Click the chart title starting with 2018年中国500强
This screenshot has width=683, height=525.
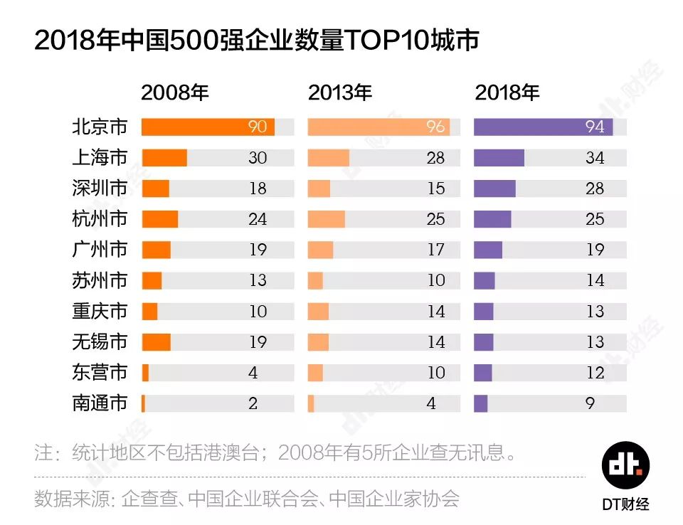coord(256,41)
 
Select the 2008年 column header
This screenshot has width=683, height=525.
coord(175,93)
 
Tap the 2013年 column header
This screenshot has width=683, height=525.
coord(340,93)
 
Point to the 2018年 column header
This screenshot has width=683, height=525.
coord(507,93)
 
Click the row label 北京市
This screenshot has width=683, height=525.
coord(100,127)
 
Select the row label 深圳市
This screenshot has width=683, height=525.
coord(100,189)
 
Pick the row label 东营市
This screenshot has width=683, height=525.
coord(100,373)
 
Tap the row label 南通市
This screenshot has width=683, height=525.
coord(100,403)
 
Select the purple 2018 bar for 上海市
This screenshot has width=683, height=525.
coord(499,158)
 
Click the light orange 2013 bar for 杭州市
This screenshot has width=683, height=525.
coord(326,219)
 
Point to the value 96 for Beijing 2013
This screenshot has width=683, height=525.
coord(435,127)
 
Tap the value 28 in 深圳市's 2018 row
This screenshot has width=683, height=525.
coord(595,189)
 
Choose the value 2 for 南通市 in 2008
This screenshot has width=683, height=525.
coord(253,403)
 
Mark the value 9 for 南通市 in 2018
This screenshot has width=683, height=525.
coord(590,403)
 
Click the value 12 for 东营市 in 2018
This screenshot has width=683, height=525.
coord(595,373)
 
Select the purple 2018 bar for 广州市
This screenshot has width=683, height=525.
coord(488,250)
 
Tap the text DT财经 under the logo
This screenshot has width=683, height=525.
coord(625,504)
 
